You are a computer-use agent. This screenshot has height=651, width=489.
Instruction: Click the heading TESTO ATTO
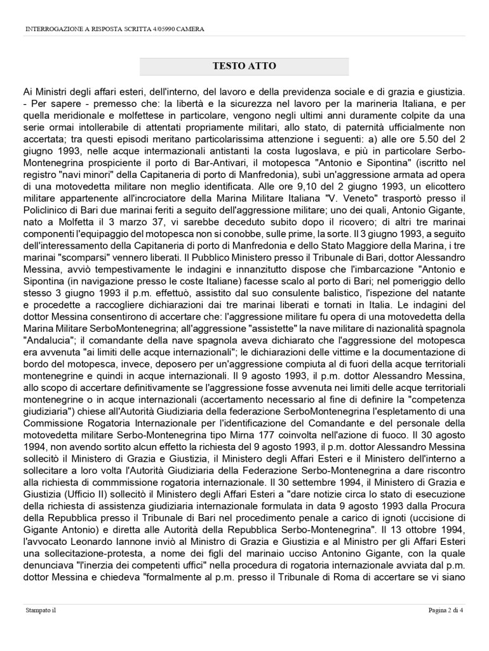[x=244, y=66]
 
